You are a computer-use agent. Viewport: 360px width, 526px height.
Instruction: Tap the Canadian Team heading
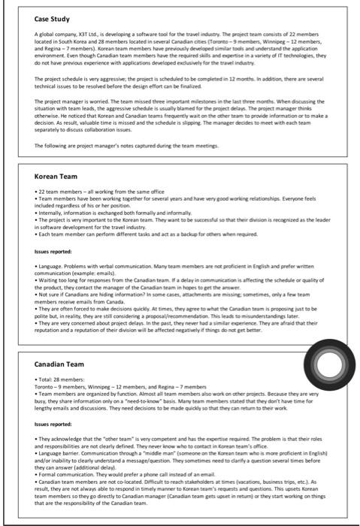(x=54, y=364)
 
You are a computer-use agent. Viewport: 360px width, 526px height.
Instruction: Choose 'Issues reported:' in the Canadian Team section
(x=55, y=425)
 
